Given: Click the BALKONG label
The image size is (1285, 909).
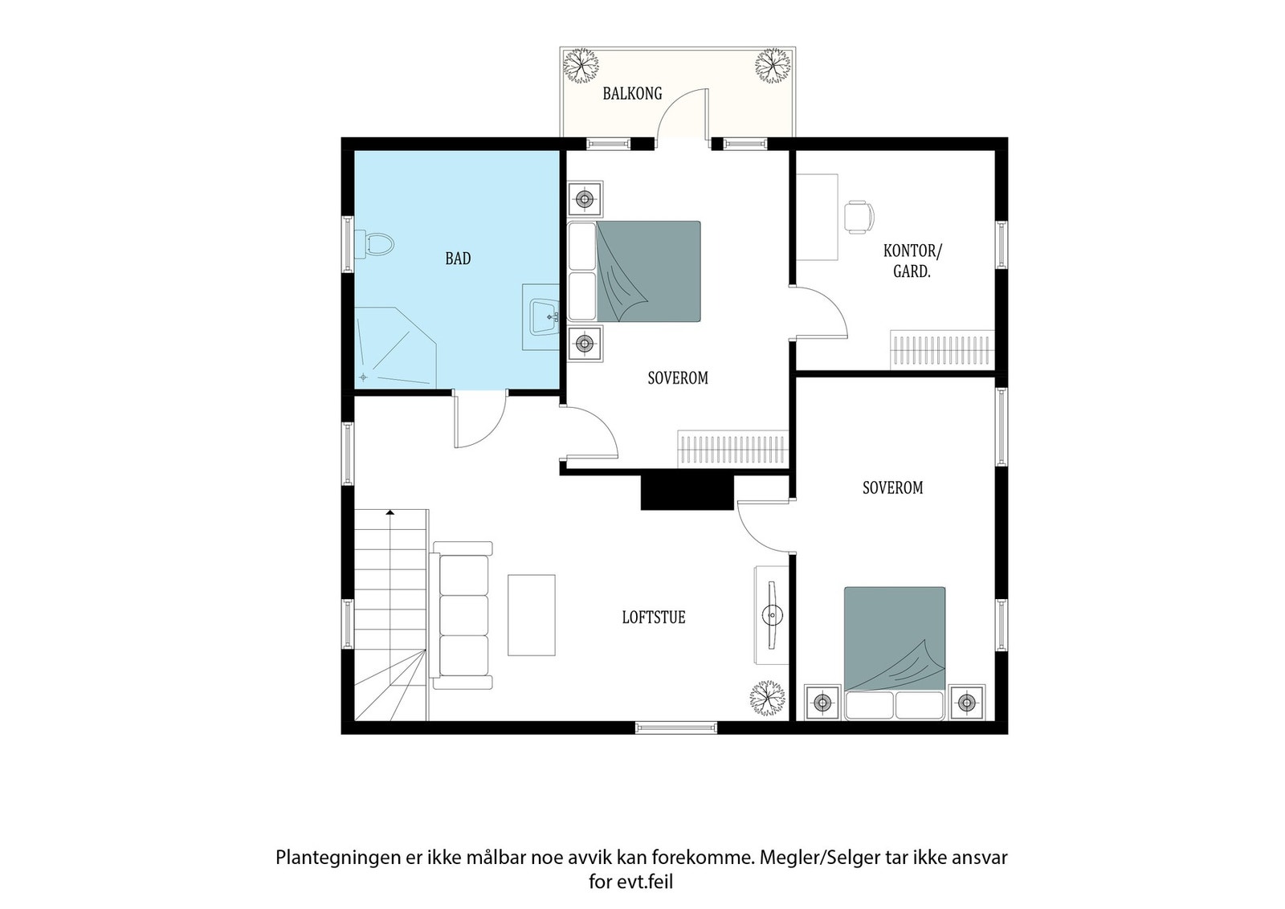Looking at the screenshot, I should [632, 93].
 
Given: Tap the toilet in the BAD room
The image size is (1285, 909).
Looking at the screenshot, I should [377, 243].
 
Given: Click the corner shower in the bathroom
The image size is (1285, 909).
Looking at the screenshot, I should [394, 347].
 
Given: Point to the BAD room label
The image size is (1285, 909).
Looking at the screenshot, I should [458, 259].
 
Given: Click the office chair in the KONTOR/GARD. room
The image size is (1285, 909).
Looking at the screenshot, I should [858, 217].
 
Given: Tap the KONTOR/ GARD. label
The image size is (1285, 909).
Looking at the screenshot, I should [912, 261].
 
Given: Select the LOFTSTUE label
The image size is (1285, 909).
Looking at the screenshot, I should [654, 618].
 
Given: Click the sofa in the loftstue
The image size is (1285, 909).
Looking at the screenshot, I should [462, 615].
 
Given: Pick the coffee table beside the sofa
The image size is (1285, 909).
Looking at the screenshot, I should [531, 614].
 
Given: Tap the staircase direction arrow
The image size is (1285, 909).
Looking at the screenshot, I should [390, 512].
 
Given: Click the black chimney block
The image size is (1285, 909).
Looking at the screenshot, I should [687, 491].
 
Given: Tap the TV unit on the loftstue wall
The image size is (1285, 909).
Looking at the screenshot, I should [771, 615].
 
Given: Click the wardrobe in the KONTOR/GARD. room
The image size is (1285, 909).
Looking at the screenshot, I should [941, 349].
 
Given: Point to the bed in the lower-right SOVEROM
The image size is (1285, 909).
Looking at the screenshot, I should [894, 651].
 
